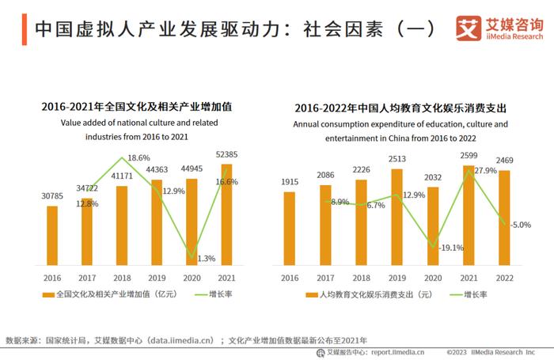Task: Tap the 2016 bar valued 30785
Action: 52,235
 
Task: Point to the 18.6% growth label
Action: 138,157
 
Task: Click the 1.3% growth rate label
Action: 206,258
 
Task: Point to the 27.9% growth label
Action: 484,171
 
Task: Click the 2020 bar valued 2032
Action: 433,225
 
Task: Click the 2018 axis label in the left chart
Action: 121,278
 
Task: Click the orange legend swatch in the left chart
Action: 47,294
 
